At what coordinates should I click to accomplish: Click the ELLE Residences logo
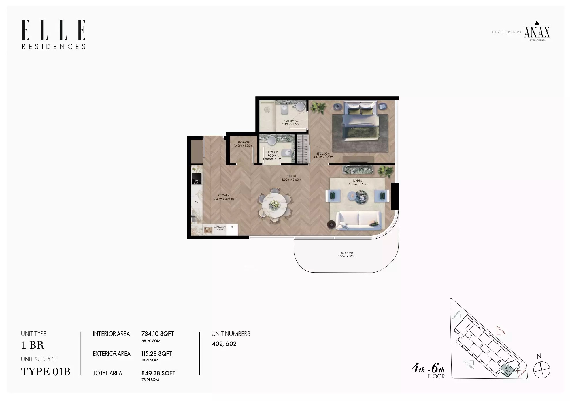pos(53,34)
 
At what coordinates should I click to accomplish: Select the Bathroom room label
pos(291,121)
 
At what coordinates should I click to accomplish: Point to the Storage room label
pos(243,143)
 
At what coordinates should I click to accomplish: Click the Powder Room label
pos(272,154)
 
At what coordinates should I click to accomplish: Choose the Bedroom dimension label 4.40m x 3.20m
pos(323,157)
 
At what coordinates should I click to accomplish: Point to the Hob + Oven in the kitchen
pos(197,179)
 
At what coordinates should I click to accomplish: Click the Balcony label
pos(347,253)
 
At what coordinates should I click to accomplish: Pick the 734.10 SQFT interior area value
pos(158,334)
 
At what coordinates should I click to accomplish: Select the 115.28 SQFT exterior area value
pos(157,354)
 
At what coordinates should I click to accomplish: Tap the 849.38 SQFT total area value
pos(158,373)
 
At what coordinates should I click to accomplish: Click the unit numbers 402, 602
pos(224,344)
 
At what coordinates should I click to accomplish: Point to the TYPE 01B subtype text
pos(46,372)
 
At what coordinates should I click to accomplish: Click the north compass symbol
pos(541,370)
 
